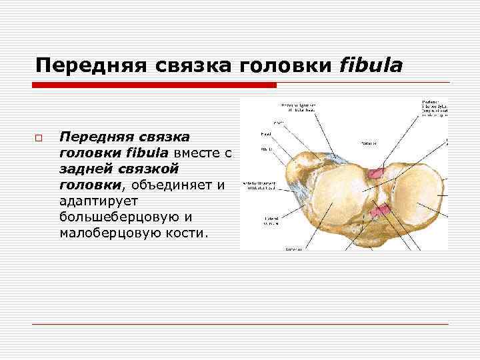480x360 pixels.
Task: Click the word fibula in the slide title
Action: click(371, 65)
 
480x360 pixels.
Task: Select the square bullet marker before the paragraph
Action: click(39, 138)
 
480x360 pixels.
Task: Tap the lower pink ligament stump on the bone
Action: click(380, 211)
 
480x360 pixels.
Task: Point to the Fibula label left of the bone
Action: click(265, 149)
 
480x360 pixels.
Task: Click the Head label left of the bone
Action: click(265, 134)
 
